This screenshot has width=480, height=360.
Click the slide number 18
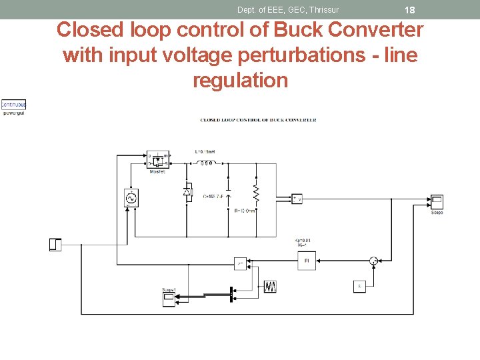(x=410, y=10)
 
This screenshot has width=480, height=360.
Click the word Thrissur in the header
(x=323, y=9)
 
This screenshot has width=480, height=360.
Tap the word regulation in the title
(x=240, y=80)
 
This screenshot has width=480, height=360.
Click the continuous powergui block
(x=13, y=105)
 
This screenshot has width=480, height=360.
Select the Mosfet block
(x=158, y=160)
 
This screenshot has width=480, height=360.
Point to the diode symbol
(x=188, y=192)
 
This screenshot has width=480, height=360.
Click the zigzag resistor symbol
(x=255, y=192)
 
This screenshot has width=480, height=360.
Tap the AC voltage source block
(x=131, y=198)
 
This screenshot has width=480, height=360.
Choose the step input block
(x=55, y=245)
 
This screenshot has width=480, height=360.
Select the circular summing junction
(x=374, y=261)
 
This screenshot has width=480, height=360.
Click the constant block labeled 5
(x=359, y=287)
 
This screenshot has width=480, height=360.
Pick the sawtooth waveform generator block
(x=269, y=287)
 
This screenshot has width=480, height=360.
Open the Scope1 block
(x=169, y=299)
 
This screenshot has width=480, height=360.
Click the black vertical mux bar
(x=231, y=293)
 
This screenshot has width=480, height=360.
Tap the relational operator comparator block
(x=240, y=263)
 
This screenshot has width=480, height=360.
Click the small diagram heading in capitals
(x=258, y=120)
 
